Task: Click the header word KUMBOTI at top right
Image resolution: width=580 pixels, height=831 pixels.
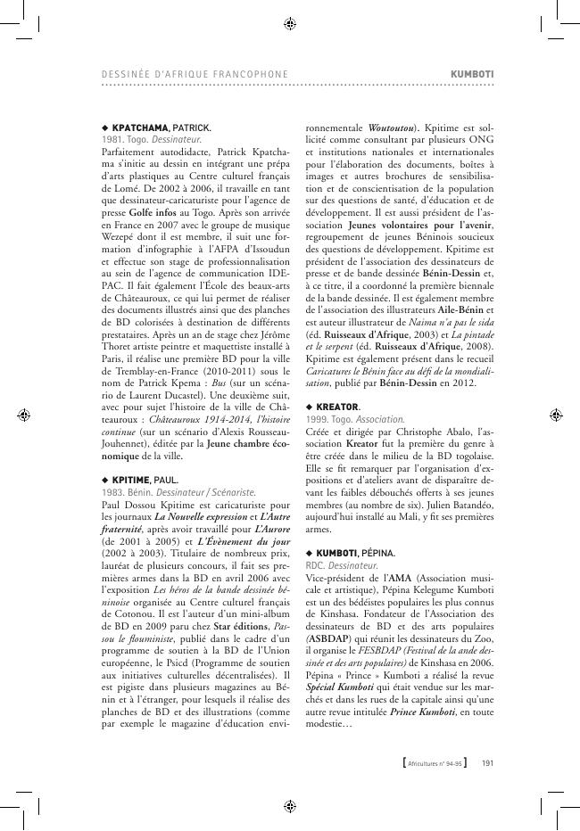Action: point(473,72)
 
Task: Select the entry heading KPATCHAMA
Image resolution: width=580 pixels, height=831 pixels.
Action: point(141,128)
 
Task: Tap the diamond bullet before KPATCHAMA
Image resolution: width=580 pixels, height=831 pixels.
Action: point(104,128)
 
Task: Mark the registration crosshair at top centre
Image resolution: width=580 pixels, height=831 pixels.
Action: point(289,24)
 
